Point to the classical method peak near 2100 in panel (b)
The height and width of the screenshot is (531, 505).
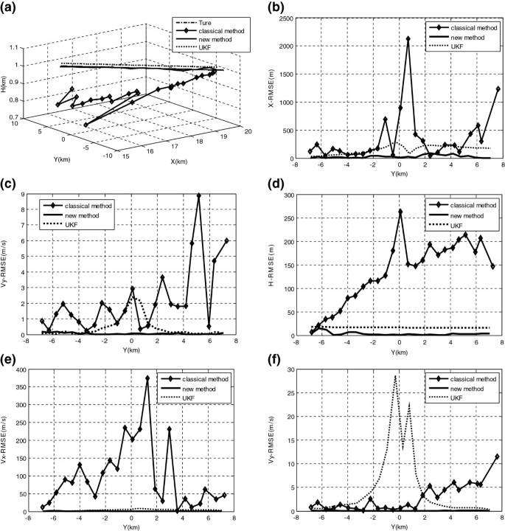point(408,39)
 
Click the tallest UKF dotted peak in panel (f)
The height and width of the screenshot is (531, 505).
point(395,376)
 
